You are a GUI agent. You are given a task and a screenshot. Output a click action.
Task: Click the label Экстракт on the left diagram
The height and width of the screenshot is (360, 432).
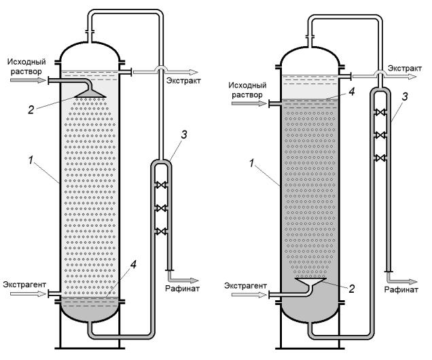pyautogui.click(x=183, y=82)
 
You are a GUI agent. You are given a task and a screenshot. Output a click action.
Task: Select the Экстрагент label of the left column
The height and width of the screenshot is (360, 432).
pyautogui.click(x=22, y=284)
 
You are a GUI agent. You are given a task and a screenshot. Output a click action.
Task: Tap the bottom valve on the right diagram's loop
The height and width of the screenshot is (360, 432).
pyautogui.click(x=381, y=158)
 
